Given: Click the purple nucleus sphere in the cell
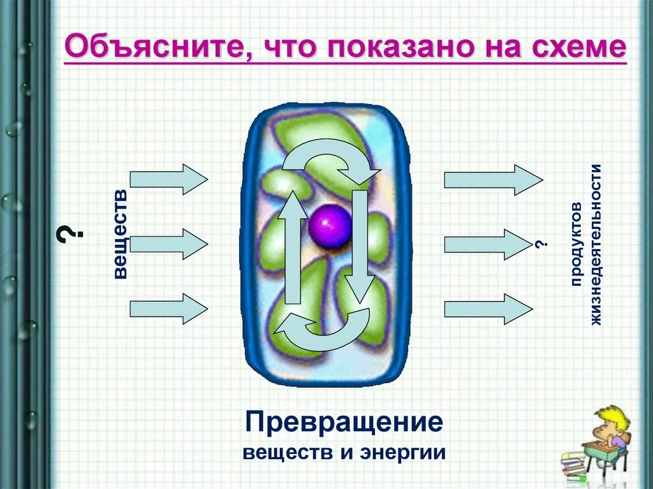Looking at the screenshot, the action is [330, 225].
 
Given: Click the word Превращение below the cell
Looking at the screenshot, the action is [344, 422].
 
